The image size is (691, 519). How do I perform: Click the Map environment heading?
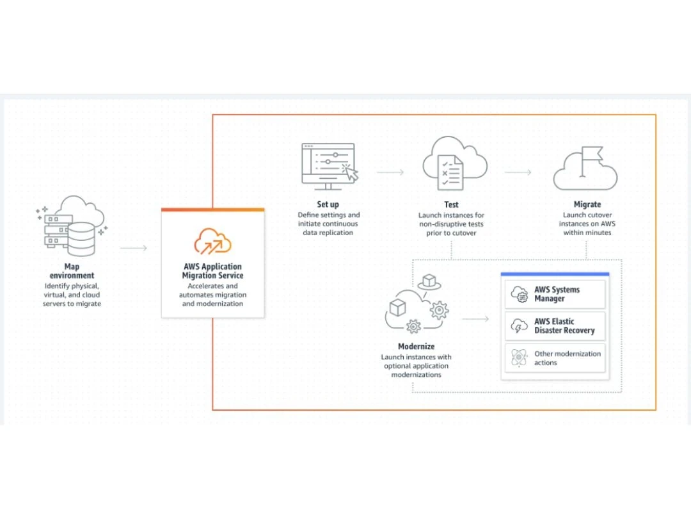(x=72, y=271)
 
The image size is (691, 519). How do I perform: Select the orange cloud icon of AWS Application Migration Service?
(x=212, y=240)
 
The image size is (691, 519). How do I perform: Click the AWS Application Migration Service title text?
(x=212, y=271)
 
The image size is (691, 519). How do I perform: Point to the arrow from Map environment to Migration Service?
(x=134, y=248)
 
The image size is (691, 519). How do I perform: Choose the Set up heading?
(x=328, y=205)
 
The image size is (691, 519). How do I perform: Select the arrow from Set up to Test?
(x=390, y=172)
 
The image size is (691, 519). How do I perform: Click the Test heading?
(x=451, y=205)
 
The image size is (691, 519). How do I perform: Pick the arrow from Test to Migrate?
(x=518, y=172)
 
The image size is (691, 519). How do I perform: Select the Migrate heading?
(x=587, y=205)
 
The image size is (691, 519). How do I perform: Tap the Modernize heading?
(x=416, y=347)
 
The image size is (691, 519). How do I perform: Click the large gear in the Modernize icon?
(x=439, y=311)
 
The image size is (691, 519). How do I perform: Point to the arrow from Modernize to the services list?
(x=475, y=318)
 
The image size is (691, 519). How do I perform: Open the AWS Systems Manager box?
(x=555, y=294)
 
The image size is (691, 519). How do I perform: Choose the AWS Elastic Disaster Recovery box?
(x=555, y=326)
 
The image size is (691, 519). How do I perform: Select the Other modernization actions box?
(x=555, y=358)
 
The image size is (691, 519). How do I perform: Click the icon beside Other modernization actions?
(x=518, y=358)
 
